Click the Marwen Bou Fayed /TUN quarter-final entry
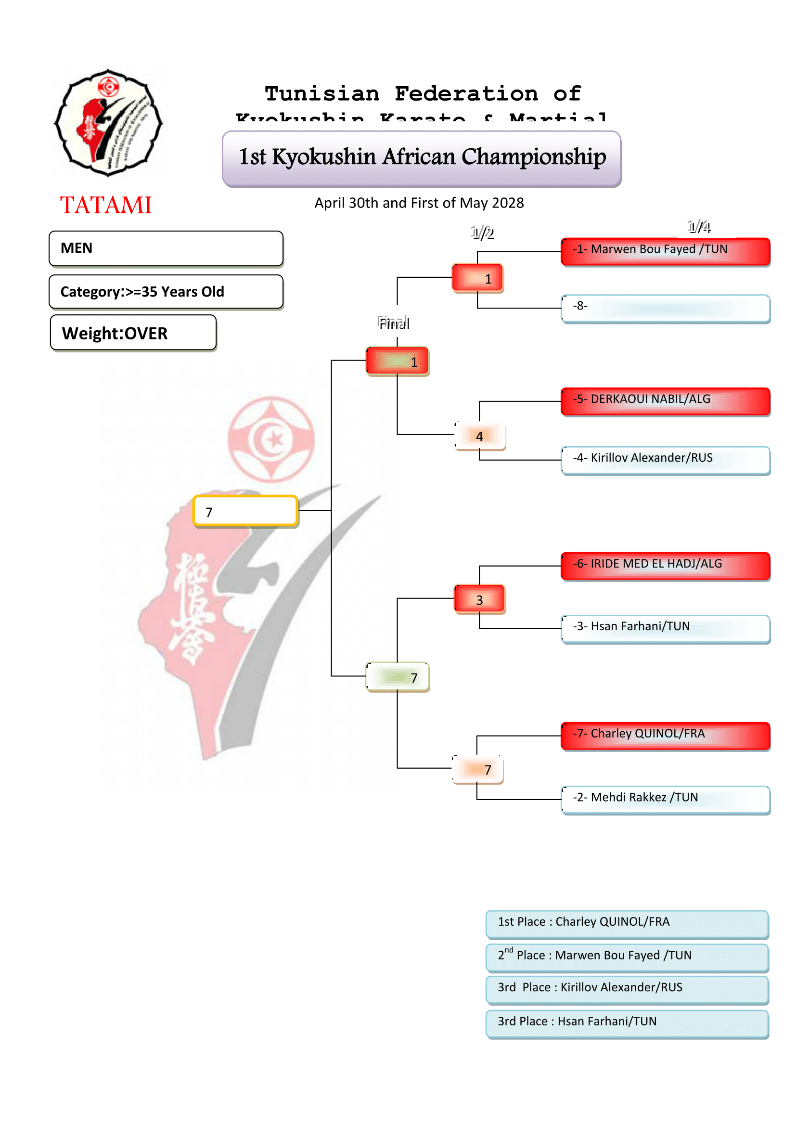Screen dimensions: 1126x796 (665, 252)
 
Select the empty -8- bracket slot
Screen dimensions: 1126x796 (665, 308)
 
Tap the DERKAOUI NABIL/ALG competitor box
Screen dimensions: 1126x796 (665, 401)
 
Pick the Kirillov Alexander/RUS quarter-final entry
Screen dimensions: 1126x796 (665, 460)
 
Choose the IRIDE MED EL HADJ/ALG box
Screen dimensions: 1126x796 (665, 566)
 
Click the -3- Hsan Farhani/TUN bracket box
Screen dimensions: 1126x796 (665, 628)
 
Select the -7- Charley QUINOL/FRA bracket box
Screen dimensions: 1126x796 (665, 736)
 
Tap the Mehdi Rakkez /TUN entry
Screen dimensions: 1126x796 (665, 800)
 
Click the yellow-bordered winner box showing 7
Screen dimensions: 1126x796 (245, 511)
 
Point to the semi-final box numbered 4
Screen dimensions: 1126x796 (480, 436)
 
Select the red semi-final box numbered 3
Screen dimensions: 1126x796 (480, 599)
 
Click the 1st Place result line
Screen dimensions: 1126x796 (627, 924)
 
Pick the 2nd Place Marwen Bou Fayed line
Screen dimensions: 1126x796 (627, 958)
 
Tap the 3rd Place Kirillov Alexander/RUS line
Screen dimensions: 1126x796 (627, 990)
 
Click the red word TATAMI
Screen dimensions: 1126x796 (105, 205)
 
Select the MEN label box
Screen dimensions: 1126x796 (166, 248)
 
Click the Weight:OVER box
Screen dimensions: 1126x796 (133, 333)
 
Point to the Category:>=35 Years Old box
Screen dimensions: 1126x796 (166, 292)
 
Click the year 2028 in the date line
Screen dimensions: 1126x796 (507, 203)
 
